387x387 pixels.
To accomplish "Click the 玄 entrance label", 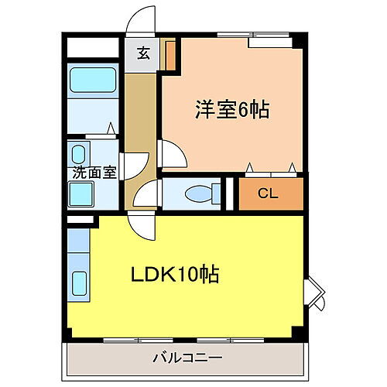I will [144, 53].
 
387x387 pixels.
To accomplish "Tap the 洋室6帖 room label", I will [231, 110].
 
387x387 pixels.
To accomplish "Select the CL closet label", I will [268, 194].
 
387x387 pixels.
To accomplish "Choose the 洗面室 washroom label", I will [94, 172].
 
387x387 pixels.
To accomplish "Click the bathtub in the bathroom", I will [92, 82].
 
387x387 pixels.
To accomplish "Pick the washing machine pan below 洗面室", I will [81, 193].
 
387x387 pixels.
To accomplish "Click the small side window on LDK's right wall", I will [314, 293].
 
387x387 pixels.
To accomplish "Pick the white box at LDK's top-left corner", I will [78, 222].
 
